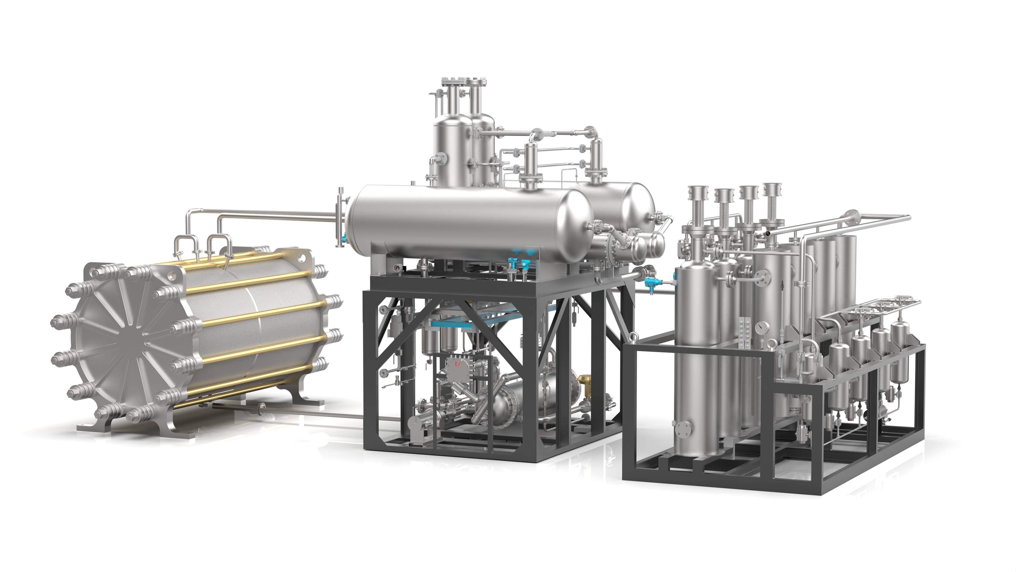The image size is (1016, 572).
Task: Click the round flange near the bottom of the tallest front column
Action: [x=683, y=428]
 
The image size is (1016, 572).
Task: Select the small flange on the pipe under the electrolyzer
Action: [x=260, y=408]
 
